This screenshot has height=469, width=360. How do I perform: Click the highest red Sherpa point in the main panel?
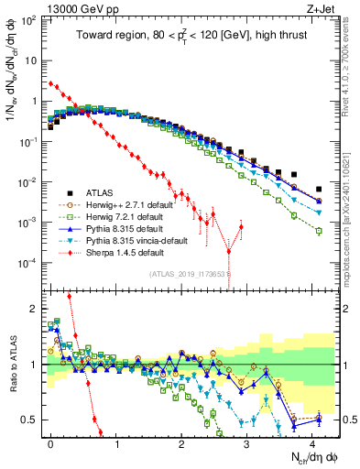pyautogui.click(x=50, y=83)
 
